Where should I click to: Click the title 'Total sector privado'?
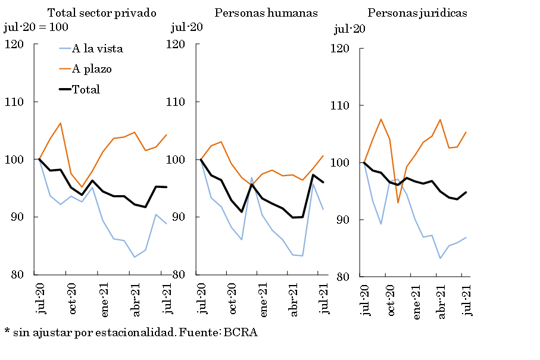coord(101,12)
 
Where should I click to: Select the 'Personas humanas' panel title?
coord(266,12)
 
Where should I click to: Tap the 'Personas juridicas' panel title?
coord(417,12)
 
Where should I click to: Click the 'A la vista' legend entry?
coord(97,49)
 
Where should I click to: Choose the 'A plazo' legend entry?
coord(92,69)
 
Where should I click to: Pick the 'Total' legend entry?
coord(86,89)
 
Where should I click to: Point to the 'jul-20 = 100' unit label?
coord(36,27)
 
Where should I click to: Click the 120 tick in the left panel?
coord(14,44)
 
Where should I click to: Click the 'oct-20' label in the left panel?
coord(72,299)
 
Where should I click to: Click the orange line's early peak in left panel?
coord(60,123)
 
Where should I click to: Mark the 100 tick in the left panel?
coord(14,159)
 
